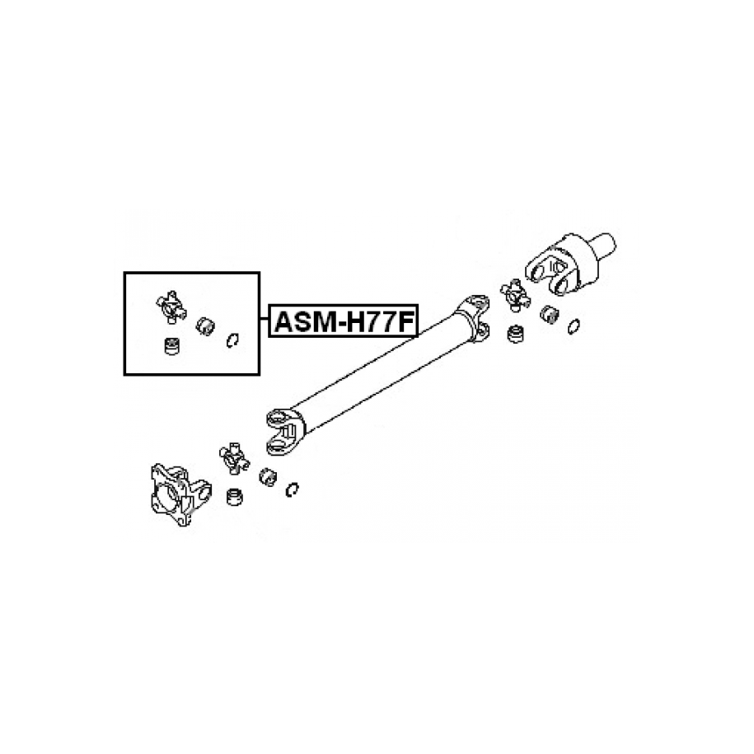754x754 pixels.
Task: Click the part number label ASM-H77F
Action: (x=344, y=322)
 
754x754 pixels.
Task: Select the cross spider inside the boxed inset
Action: (x=171, y=307)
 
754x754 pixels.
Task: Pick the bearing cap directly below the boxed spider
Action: (x=172, y=346)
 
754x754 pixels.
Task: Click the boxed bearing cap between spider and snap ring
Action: (x=205, y=326)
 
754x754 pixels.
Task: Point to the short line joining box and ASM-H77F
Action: (x=264, y=319)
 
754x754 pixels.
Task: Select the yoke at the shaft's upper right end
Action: (x=475, y=317)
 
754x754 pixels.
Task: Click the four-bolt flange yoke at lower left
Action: (x=180, y=494)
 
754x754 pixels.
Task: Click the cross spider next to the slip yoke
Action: (x=515, y=294)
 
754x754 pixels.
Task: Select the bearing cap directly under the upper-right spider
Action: (x=516, y=334)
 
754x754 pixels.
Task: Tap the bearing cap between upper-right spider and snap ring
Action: (x=549, y=314)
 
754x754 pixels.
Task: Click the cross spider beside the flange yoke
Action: (x=234, y=458)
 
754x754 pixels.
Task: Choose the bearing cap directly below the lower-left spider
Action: (x=234, y=497)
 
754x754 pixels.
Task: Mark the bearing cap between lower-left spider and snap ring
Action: (x=268, y=476)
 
